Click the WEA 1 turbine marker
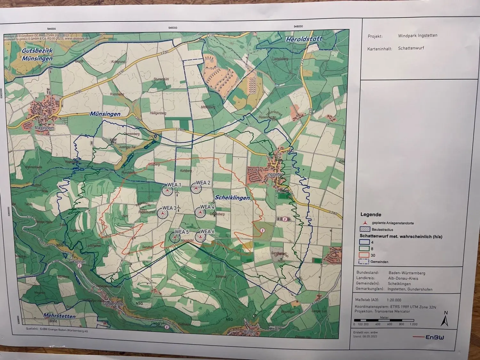(x=167, y=191)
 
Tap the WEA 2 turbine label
(x=203, y=183)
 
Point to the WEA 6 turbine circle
(x=201, y=237)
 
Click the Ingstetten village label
(x=275, y=175)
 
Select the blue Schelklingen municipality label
(x=232, y=198)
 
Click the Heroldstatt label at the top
(x=304, y=39)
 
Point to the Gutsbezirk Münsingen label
(x=37, y=55)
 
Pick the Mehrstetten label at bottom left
(x=60, y=316)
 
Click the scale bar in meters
(x=384, y=320)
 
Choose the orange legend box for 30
(x=364, y=255)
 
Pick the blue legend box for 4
(x=364, y=242)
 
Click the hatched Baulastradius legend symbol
(x=364, y=229)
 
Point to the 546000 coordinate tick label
(x=172, y=28)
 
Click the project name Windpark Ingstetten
(x=418, y=36)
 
